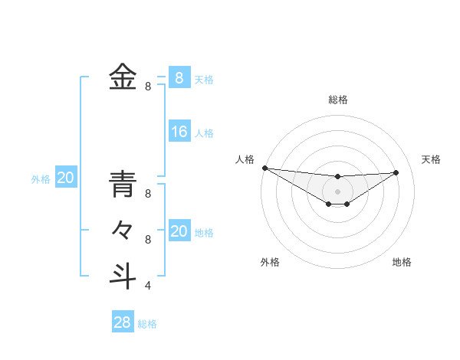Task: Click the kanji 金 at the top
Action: (123, 77)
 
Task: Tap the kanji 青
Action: (123, 185)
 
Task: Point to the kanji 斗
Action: (123, 275)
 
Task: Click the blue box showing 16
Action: (179, 132)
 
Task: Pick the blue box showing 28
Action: (123, 322)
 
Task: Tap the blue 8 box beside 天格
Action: (179, 78)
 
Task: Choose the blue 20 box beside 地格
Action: (179, 231)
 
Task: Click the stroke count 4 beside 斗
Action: (148, 286)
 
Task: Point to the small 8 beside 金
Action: (148, 87)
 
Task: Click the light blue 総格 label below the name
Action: (147, 324)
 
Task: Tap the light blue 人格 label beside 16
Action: (204, 133)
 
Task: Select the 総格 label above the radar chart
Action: (337, 100)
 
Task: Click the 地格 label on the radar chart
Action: (402, 262)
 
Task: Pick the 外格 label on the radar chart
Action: (270, 262)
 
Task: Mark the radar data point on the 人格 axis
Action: (264, 168)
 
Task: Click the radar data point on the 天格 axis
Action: (396, 172)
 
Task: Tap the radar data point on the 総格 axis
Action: (337, 177)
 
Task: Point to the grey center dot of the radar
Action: (337, 191)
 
